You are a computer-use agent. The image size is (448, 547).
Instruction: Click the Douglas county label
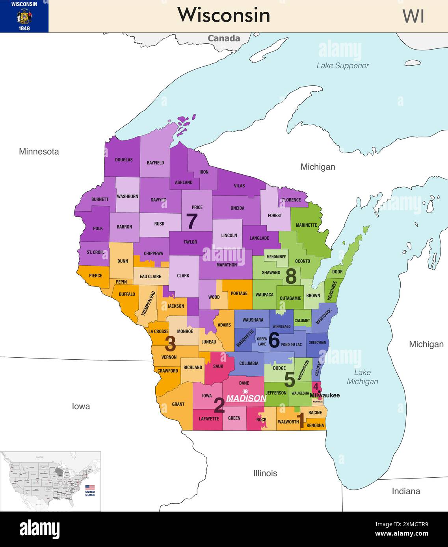[x=124, y=160]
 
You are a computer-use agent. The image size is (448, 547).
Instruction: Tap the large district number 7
[x=191, y=222]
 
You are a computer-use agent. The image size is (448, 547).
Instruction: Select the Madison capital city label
[x=246, y=398]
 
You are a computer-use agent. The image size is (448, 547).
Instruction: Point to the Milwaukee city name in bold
[x=325, y=395]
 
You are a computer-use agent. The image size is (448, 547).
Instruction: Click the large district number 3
[x=170, y=344]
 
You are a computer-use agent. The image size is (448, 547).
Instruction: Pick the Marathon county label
[x=227, y=265]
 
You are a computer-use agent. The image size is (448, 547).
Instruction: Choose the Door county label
[x=337, y=272]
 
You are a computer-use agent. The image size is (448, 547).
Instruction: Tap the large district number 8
[x=291, y=276]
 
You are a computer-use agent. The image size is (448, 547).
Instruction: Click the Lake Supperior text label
[x=342, y=66]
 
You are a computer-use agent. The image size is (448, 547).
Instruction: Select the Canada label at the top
[x=224, y=38]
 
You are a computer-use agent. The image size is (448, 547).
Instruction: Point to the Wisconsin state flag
[x=24, y=16]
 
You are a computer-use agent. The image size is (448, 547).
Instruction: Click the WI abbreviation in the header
[x=413, y=17]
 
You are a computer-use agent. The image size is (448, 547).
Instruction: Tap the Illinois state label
[x=265, y=473]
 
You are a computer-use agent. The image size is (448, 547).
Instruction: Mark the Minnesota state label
[x=39, y=152]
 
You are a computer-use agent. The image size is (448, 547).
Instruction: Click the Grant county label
[x=178, y=404]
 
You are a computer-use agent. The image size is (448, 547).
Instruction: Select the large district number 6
[x=274, y=340]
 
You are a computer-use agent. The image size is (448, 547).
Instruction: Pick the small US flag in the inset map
[x=90, y=488]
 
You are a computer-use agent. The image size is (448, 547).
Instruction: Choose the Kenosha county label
[x=315, y=425]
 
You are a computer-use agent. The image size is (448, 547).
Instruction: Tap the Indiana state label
[x=406, y=491]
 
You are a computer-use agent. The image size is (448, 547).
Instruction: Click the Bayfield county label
[x=155, y=163]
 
